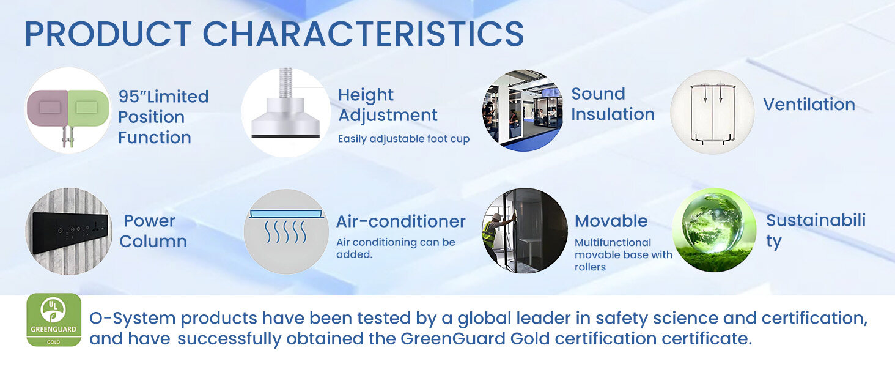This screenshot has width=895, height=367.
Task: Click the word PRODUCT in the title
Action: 108,34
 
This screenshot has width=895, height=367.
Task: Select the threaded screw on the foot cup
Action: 285,84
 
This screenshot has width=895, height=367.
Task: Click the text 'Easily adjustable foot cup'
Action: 403,139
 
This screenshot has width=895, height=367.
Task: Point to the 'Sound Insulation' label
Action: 613,104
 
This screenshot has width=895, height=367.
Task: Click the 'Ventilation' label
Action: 809,105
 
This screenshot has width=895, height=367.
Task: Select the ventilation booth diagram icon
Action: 712,113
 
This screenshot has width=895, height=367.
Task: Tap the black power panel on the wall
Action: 70,232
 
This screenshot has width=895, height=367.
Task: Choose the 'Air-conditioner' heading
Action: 401,221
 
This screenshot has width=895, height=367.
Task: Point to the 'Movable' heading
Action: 611,221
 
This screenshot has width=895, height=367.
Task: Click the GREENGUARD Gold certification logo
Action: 54,320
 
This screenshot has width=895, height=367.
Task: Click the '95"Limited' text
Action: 163,97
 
